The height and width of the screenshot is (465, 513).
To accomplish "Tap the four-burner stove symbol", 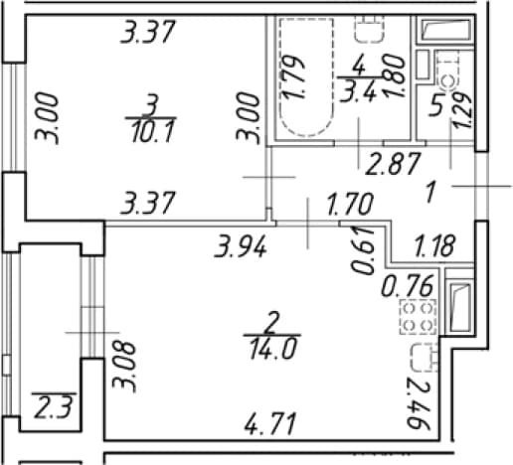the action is [x=419, y=317].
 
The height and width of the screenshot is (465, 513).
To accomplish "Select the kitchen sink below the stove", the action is [x=425, y=358].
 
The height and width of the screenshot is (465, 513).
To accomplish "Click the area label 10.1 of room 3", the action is [x=152, y=131].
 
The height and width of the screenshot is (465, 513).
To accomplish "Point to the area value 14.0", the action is [x=272, y=349].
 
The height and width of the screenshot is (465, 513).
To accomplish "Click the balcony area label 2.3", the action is [x=53, y=407].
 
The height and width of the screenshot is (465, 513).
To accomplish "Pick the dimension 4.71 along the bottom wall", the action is [x=269, y=424].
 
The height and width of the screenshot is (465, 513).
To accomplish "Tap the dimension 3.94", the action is [x=241, y=247].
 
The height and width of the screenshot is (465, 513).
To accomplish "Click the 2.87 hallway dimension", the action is [x=393, y=163].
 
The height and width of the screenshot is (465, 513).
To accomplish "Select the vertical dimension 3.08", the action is [x=124, y=367].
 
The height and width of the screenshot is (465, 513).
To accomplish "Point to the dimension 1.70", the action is [x=350, y=204].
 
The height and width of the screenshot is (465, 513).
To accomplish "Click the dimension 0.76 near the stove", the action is [x=408, y=286].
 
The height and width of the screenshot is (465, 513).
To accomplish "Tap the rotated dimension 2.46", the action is [x=419, y=405].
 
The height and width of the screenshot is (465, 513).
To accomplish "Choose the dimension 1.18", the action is [x=434, y=245].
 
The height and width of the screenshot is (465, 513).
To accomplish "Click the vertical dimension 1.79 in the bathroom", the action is [x=292, y=77].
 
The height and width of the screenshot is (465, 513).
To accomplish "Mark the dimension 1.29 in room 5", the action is [x=462, y=110].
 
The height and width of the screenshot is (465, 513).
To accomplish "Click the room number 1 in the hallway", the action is [x=430, y=193].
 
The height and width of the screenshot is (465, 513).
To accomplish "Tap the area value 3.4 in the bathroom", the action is [x=359, y=92].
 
